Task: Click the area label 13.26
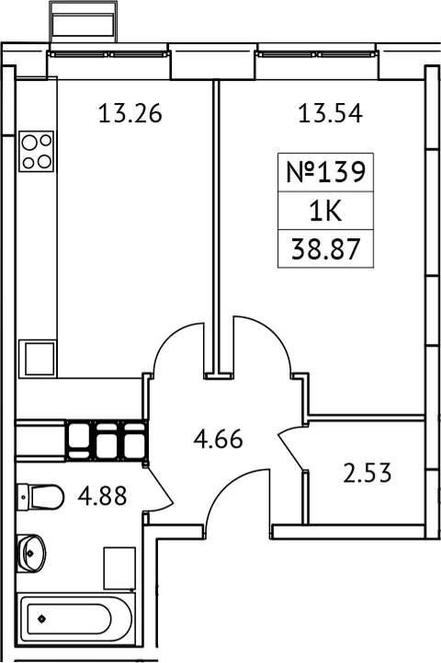[130, 115]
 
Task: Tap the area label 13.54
[330, 115]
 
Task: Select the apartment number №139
[326, 171]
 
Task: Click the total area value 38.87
[326, 250]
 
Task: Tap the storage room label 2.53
[367, 474]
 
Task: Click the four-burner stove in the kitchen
[38, 151]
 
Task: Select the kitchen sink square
[40, 358]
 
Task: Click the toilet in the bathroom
[40, 497]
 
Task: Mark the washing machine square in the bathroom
[119, 567]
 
